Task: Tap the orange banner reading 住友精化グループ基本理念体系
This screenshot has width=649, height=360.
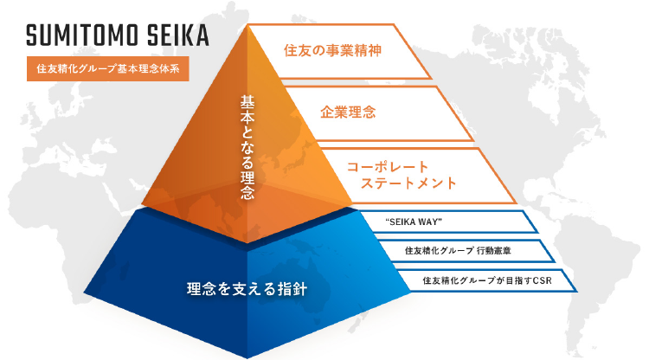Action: tap(108, 68)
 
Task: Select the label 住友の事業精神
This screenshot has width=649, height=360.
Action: tap(332, 50)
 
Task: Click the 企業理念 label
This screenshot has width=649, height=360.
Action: tap(348, 112)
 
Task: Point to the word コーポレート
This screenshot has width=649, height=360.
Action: tap(388, 167)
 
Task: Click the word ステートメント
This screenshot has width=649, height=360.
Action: tap(408, 183)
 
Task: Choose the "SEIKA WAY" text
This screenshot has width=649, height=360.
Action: tap(414, 222)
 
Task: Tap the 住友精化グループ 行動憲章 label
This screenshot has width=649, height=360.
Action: tap(458, 250)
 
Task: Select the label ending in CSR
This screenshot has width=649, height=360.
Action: tap(487, 280)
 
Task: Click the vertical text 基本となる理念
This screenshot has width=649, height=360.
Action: tap(247, 147)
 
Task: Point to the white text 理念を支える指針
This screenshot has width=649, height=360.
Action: tap(247, 289)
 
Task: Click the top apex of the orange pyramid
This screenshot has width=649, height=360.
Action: tap(247, 24)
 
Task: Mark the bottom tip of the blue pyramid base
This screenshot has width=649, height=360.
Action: tap(247, 358)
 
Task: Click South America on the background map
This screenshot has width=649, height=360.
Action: tap(592, 286)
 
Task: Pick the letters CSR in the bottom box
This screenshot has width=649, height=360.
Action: tap(543, 280)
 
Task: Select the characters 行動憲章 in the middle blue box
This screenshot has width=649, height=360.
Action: tap(494, 250)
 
